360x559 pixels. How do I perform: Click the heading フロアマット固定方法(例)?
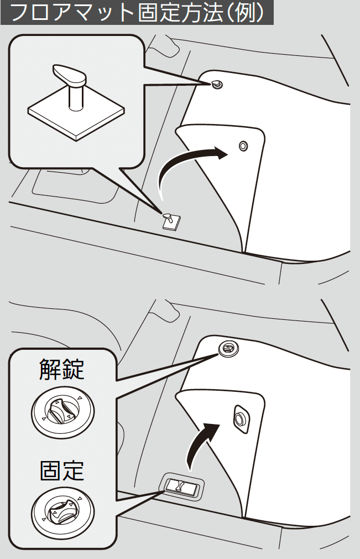[x=138, y=13]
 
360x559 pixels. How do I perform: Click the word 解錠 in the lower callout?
[x=61, y=369]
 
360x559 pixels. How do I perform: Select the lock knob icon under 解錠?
[x=62, y=411]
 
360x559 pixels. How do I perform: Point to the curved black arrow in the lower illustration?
[x=200, y=442]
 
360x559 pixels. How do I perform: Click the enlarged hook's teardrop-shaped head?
[x=70, y=73]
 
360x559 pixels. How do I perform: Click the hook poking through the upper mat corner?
[x=217, y=85]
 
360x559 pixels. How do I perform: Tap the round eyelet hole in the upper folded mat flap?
[x=243, y=146]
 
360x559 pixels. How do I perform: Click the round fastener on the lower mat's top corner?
[x=228, y=348]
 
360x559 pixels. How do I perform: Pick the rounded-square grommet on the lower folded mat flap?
[x=242, y=419]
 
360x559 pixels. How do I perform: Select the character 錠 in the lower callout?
[x=74, y=369]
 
